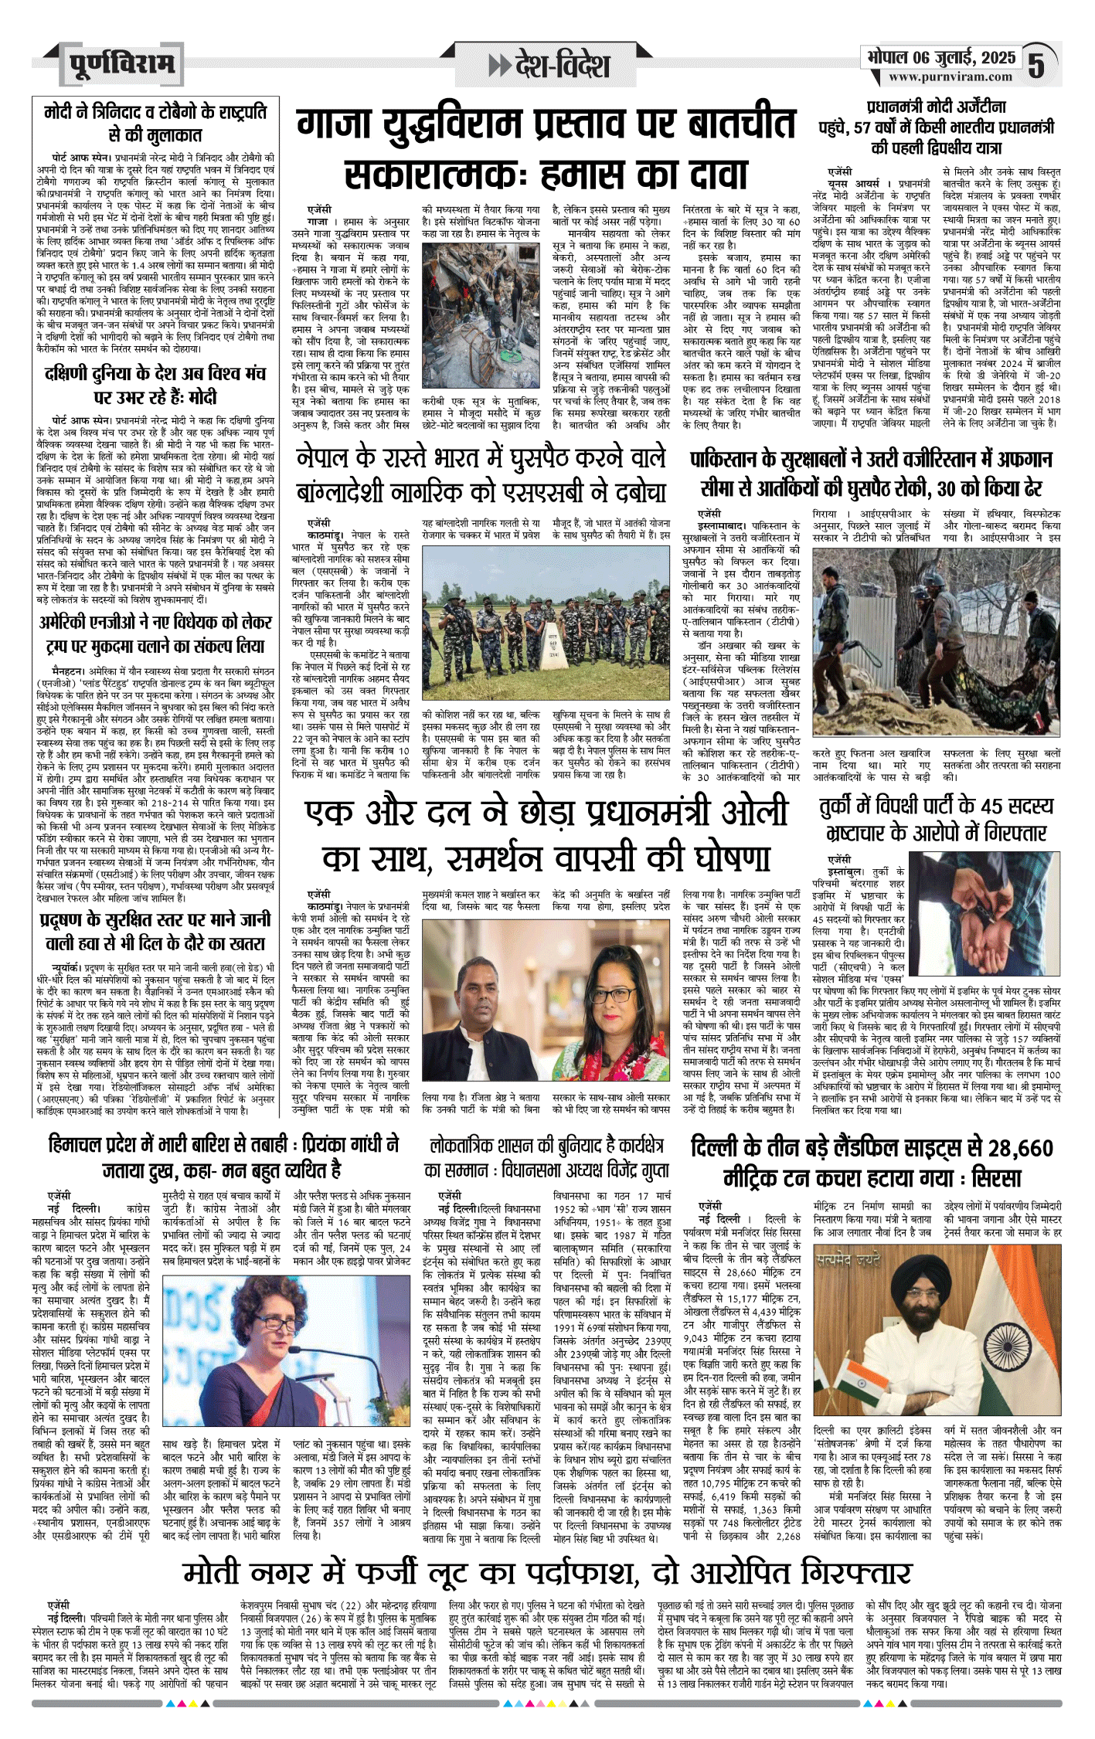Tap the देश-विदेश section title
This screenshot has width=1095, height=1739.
tap(561, 66)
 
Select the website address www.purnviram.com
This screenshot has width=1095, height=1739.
tap(950, 77)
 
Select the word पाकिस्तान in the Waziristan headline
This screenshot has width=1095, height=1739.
tap(723, 460)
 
